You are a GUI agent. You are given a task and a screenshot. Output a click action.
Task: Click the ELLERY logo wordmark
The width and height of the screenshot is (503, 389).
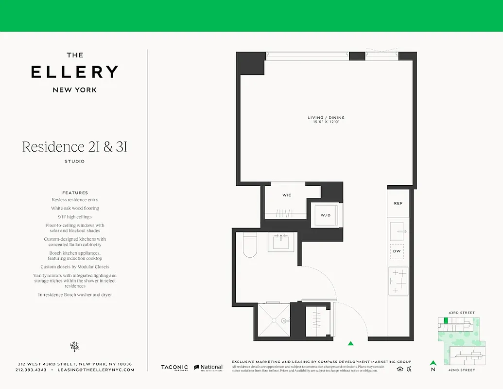(x=74, y=72)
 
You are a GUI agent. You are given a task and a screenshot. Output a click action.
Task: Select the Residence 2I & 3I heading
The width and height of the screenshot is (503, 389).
(x=74, y=147)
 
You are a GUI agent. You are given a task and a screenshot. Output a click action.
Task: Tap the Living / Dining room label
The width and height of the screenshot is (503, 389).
(x=326, y=118)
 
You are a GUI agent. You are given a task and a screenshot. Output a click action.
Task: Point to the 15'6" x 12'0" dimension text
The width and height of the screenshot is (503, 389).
(x=326, y=122)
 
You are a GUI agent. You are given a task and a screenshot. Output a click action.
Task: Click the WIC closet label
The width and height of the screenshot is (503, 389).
(x=287, y=195)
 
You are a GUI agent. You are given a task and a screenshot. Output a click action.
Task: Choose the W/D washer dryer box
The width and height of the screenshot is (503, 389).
(x=326, y=214)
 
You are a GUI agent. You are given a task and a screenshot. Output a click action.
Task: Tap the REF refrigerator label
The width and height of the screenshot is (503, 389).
(x=398, y=204)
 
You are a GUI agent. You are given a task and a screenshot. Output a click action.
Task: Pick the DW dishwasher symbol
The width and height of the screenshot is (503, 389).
(x=398, y=251)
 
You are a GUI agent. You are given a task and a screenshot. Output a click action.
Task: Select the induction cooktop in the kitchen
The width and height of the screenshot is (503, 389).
(x=398, y=281)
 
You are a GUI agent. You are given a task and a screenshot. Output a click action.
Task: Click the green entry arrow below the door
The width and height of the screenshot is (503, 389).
(x=350, y=343)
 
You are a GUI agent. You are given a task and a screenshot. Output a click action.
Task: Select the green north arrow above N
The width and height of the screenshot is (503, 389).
(x=433, y=362)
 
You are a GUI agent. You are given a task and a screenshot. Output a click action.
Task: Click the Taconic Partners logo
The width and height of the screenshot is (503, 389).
(x=174, y=368)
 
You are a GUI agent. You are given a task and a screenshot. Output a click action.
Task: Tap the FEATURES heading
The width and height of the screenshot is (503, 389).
(x=75, y=193)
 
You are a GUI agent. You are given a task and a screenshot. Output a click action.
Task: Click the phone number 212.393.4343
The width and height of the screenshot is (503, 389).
(x=31, y=370)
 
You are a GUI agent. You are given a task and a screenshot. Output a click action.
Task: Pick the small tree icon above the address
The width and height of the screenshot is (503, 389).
(x=74, y=347)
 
